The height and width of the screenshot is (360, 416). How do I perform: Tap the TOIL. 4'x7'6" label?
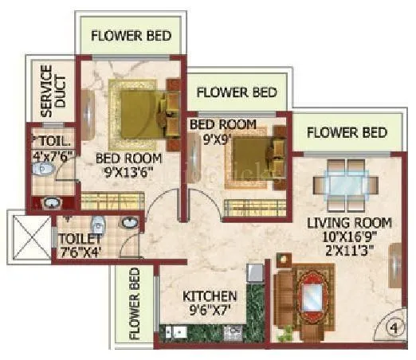pos(50,148)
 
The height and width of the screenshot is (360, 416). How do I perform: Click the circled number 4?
pos(392,326)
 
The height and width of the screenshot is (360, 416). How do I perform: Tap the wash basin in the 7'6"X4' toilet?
pos(98,222)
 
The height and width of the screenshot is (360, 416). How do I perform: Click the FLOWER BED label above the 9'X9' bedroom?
pos(236,92)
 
